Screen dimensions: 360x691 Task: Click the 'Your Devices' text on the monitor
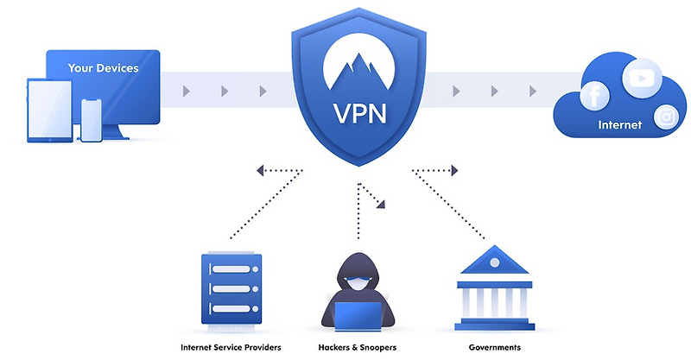coord(104,67)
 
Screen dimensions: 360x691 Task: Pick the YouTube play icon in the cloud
coord(640,79)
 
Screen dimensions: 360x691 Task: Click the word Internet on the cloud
coord(620,125)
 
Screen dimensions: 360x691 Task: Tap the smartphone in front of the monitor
coord(92,118)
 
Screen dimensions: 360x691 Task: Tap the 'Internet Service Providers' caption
coord(231,347)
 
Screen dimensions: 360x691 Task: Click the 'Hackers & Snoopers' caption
coord(357,347)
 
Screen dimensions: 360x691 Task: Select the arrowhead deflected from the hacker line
coord(381,204)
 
